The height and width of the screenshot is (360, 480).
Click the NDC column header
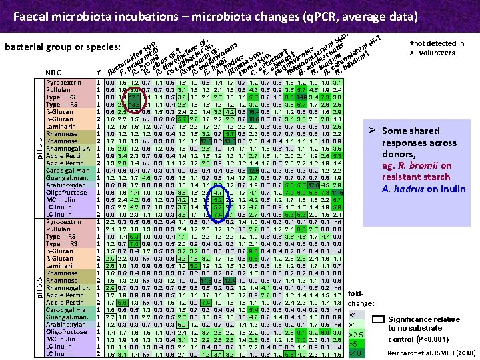pos(55,73)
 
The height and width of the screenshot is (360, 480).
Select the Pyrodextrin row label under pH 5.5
pos(63,81)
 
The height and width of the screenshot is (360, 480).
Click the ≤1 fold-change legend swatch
pos(355,315)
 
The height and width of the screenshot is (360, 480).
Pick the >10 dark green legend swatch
pos(356,353)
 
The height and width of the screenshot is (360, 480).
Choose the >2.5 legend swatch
pos(356,333)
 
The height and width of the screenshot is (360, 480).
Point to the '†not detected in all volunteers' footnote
pos(436,48)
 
